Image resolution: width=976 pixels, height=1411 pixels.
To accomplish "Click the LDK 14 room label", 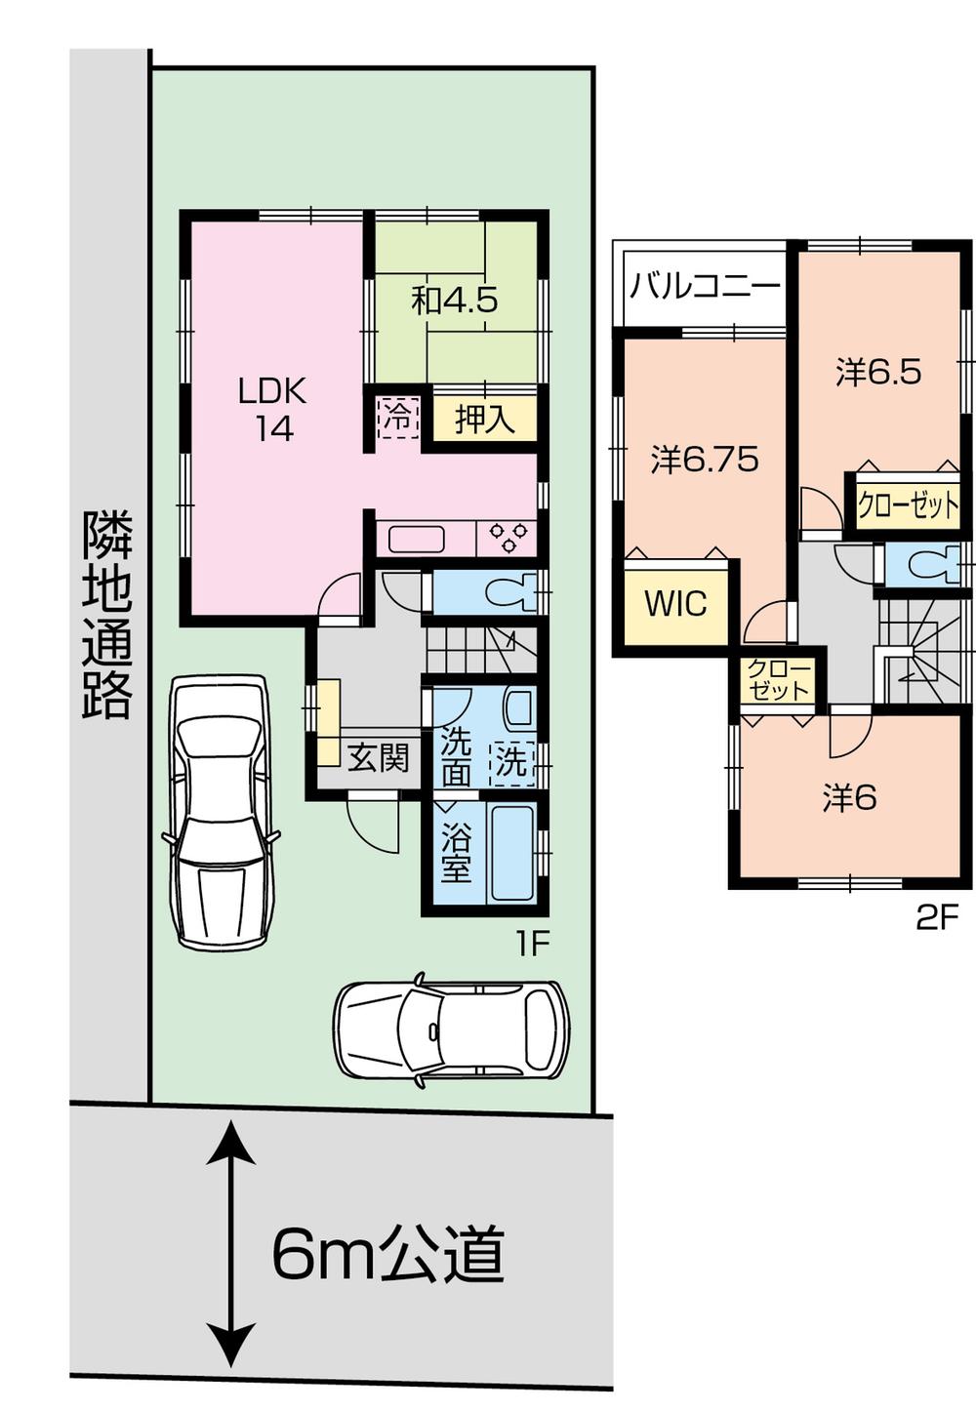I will click(273, 409).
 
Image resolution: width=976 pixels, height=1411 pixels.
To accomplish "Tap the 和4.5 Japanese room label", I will click(455, 300).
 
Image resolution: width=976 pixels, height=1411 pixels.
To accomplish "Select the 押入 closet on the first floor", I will click(485, 420).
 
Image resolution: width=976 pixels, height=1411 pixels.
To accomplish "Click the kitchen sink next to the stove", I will click(418, 538).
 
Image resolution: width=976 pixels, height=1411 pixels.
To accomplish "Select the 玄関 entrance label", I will click(379, 756).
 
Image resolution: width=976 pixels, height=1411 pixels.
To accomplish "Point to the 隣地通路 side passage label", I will click(106, 614).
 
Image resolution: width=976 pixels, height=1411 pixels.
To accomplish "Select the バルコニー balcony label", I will click(705, 287).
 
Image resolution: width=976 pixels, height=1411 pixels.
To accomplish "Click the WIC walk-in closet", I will click(675, 603).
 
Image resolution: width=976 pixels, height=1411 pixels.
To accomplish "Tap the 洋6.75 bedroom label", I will click(705, 459).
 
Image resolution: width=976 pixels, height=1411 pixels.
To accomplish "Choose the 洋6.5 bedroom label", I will click(878, 372).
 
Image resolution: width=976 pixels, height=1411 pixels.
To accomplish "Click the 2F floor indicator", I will click(937, 918).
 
